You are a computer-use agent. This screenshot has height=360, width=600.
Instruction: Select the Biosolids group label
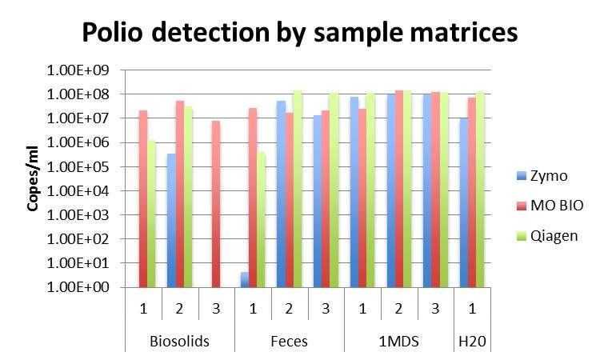(x=180, y=342)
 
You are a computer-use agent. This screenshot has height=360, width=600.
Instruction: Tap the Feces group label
(x=290, y=342)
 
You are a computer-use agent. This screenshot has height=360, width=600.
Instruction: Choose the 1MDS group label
(x=399, y=342)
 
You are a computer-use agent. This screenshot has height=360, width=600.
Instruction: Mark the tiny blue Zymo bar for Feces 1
(x=244, y=280)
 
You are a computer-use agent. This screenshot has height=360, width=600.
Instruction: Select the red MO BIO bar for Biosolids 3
(x=216, y=204)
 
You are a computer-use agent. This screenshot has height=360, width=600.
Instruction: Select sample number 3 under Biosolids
(x=216, y=308)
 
